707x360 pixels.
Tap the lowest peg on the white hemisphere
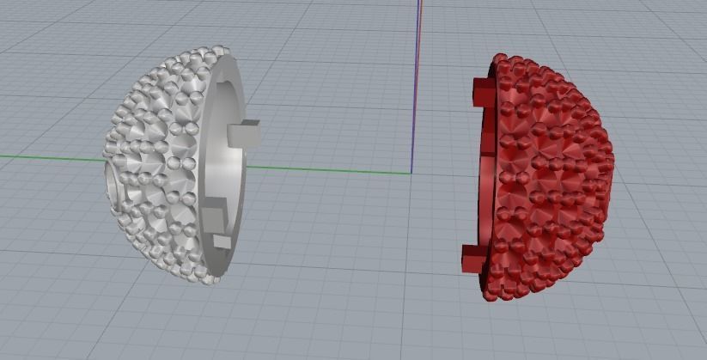(222, 241)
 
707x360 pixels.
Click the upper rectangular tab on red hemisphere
(481, 92)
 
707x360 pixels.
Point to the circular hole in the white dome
(113, 180)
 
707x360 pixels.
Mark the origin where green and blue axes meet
(412, 172)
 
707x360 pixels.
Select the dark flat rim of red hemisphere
(488, 172)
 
